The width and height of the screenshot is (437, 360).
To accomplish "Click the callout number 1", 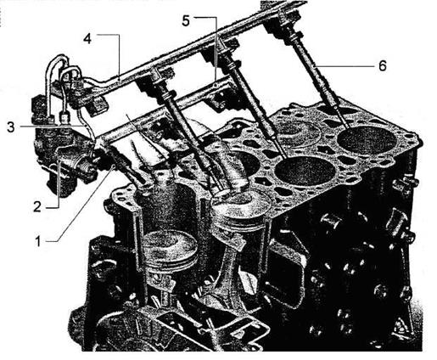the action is (x=38, y=242).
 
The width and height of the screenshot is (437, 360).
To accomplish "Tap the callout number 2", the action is (x=37, y=207).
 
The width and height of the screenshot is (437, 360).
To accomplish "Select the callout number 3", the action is (x=11, y=127).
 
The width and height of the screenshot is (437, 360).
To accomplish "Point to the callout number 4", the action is (x=87, y=38).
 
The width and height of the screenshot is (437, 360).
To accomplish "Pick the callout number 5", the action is (x=186, y=21).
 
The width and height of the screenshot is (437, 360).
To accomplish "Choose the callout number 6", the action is (x=382, y=66).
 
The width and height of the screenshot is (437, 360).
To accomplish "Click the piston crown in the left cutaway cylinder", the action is (x=169, y=244).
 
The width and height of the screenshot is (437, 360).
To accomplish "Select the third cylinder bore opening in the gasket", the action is (x=305, y=172).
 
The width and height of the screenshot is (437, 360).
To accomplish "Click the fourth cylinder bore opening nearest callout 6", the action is (x=367, y=140).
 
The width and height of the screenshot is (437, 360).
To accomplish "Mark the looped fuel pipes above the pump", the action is (x=64, y=82).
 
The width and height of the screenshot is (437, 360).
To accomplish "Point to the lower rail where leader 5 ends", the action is (x=216, y=85).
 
